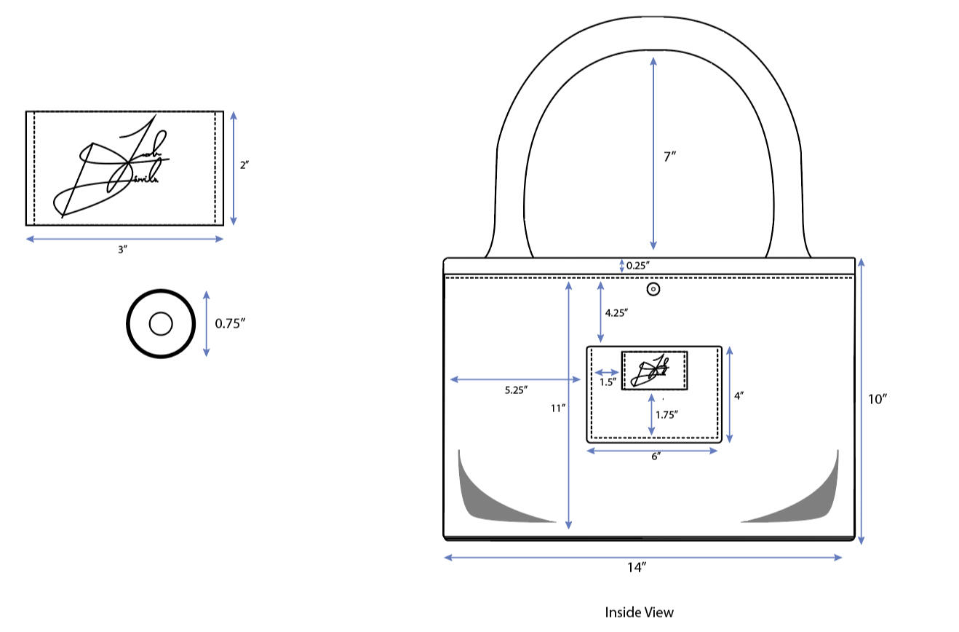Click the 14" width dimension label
coord(637,569)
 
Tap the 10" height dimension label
coord(878,399)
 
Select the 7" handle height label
coord(670,156)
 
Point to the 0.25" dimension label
coord(637,266)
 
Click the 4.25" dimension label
coord(616,312)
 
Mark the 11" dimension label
coord(558,408)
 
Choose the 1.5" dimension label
coord(608,382)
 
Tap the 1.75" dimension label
coord(666,414)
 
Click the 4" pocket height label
coord(739,396)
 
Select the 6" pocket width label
coord(656,457)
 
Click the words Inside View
coord(639,612)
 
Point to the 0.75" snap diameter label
coord(230,324)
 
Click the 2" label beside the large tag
coord(244,165)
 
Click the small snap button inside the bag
coord(653,290)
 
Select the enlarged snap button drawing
coord(161,324)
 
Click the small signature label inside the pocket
coord(654,371)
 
